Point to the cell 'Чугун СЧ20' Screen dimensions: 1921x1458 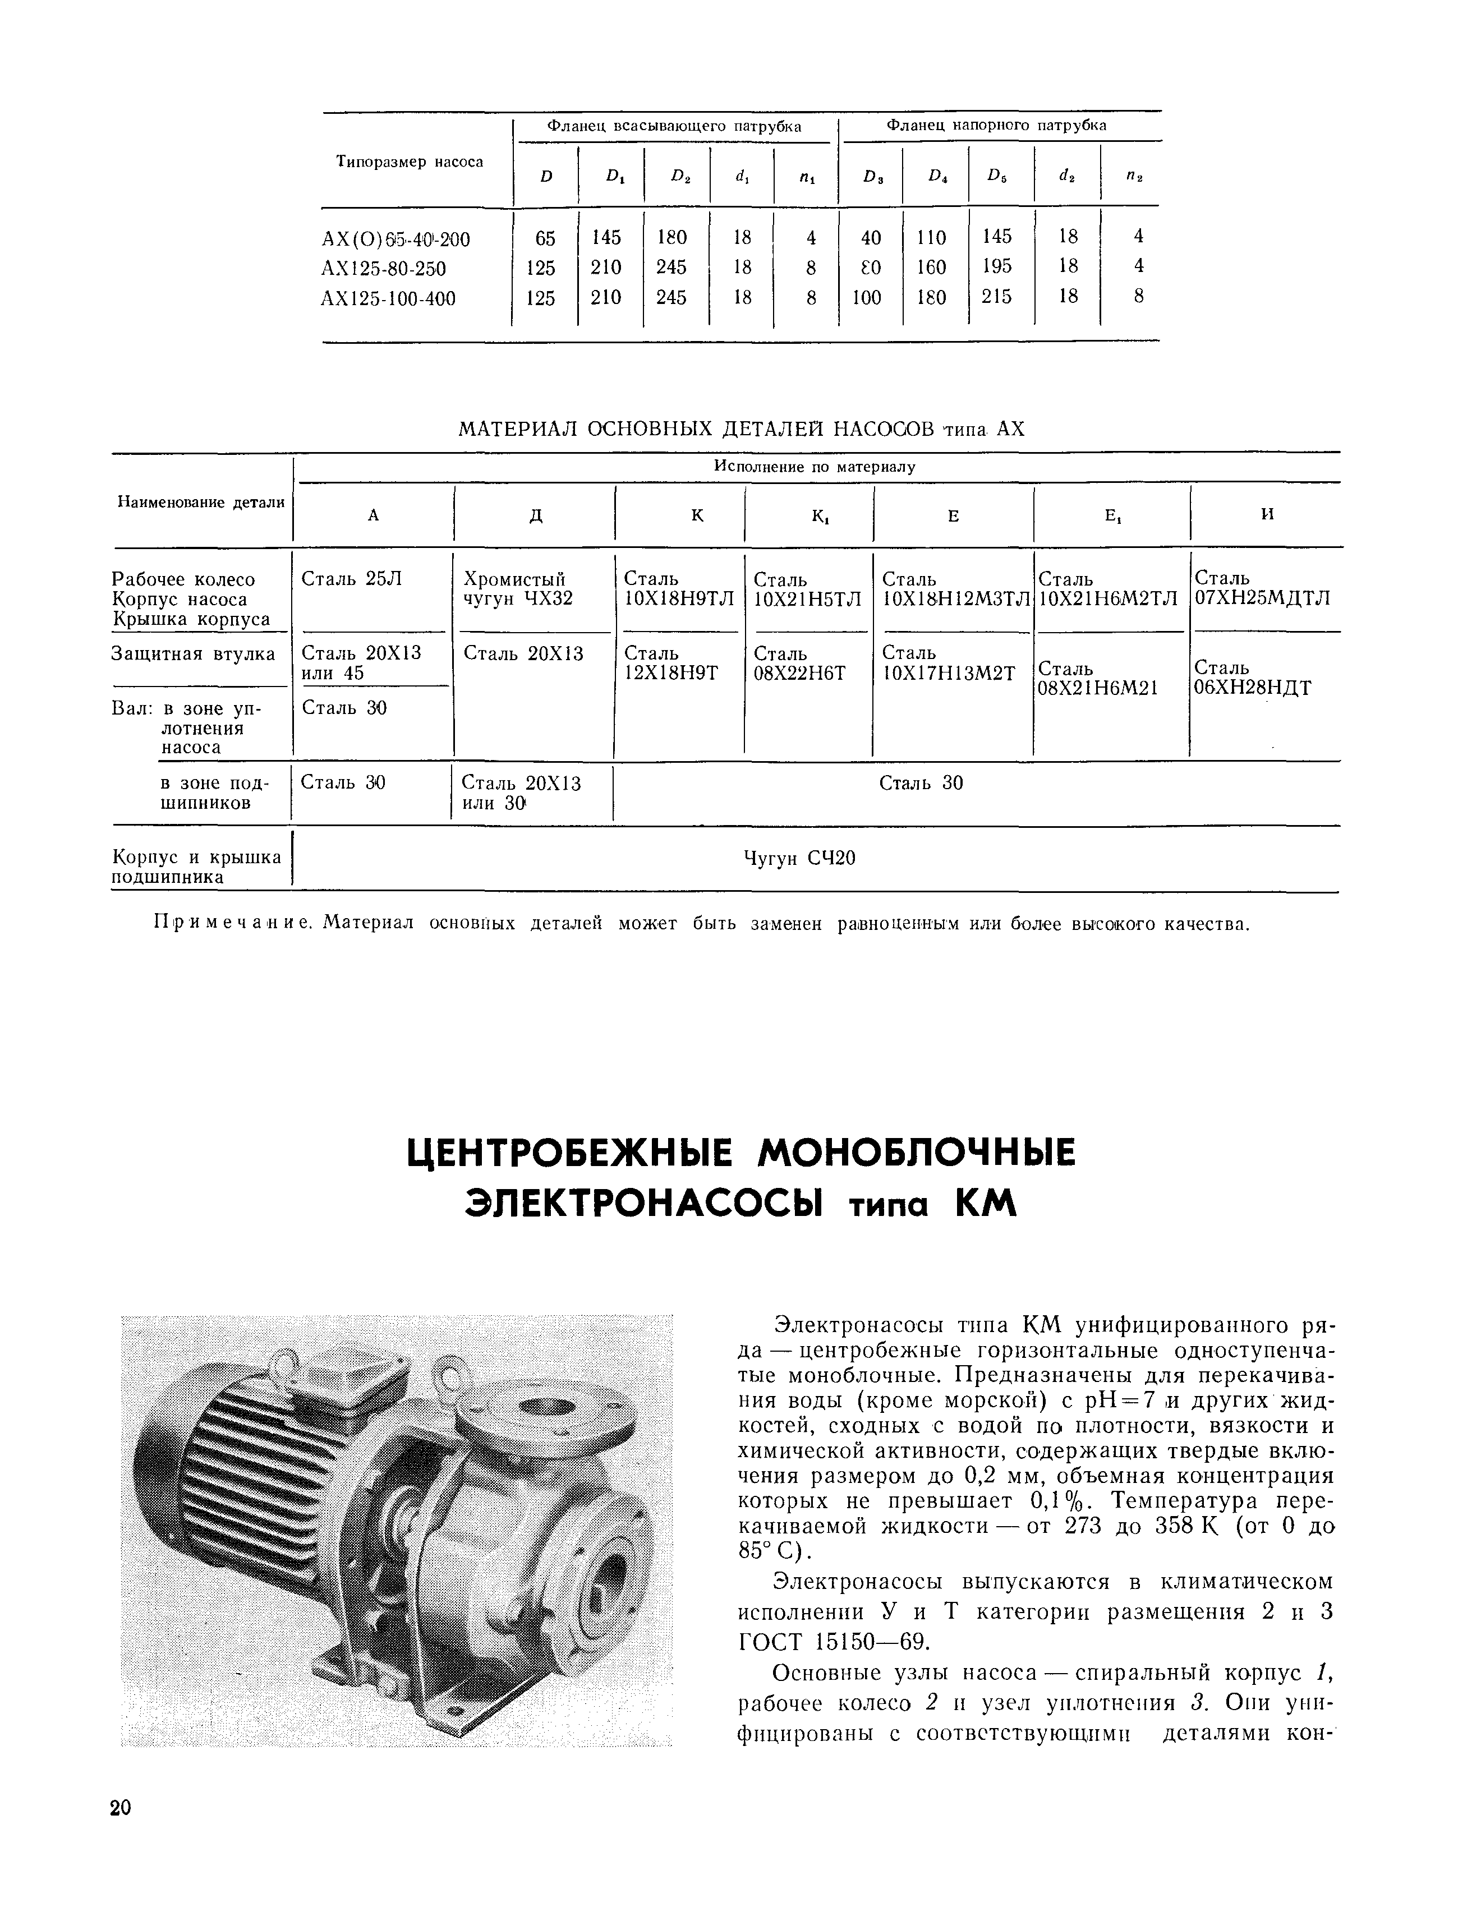(800, 859)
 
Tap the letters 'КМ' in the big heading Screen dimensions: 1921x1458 (985, 1206)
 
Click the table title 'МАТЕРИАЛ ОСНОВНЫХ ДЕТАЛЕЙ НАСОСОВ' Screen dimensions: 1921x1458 (694, 429)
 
